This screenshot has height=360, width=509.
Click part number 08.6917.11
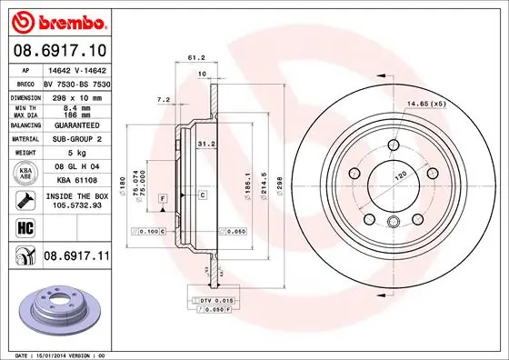point(75,258)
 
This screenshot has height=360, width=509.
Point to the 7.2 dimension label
point(165,99)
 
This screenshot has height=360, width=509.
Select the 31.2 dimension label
point(205,142)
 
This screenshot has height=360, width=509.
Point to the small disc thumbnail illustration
point(56,306)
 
